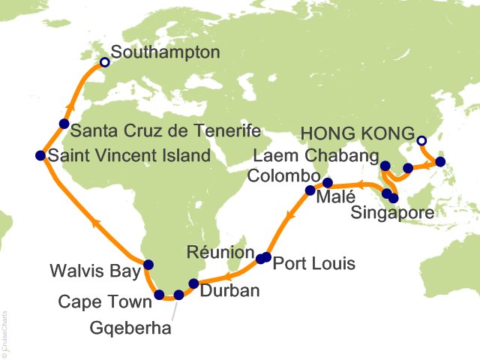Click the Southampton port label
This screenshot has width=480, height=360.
pyautogui.click(x=165, y=52)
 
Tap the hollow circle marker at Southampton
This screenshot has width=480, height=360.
pyautogui.click(x=105, y=62)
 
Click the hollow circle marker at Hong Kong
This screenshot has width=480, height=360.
pyautogui.click(x=421, y=140)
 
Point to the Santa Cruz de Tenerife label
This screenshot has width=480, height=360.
pyautogui.click(x=164, y=132)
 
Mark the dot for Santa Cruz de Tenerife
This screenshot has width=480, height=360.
pyautogui.click(x=64, y=124)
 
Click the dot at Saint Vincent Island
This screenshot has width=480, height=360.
pyautogui.click(x=40, y=156)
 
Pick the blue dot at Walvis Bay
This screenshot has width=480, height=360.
pyautogui.click(x=148, y=264)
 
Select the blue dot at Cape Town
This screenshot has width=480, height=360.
pyautogui.click(x=159, y=295)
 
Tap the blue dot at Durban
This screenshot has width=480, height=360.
pyautogui.click(x=193, y=283)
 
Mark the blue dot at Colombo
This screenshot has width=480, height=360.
pyautogui.click(x=310, y=190)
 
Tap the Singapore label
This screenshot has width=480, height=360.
pyautogui.click(x=394, y=214)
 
